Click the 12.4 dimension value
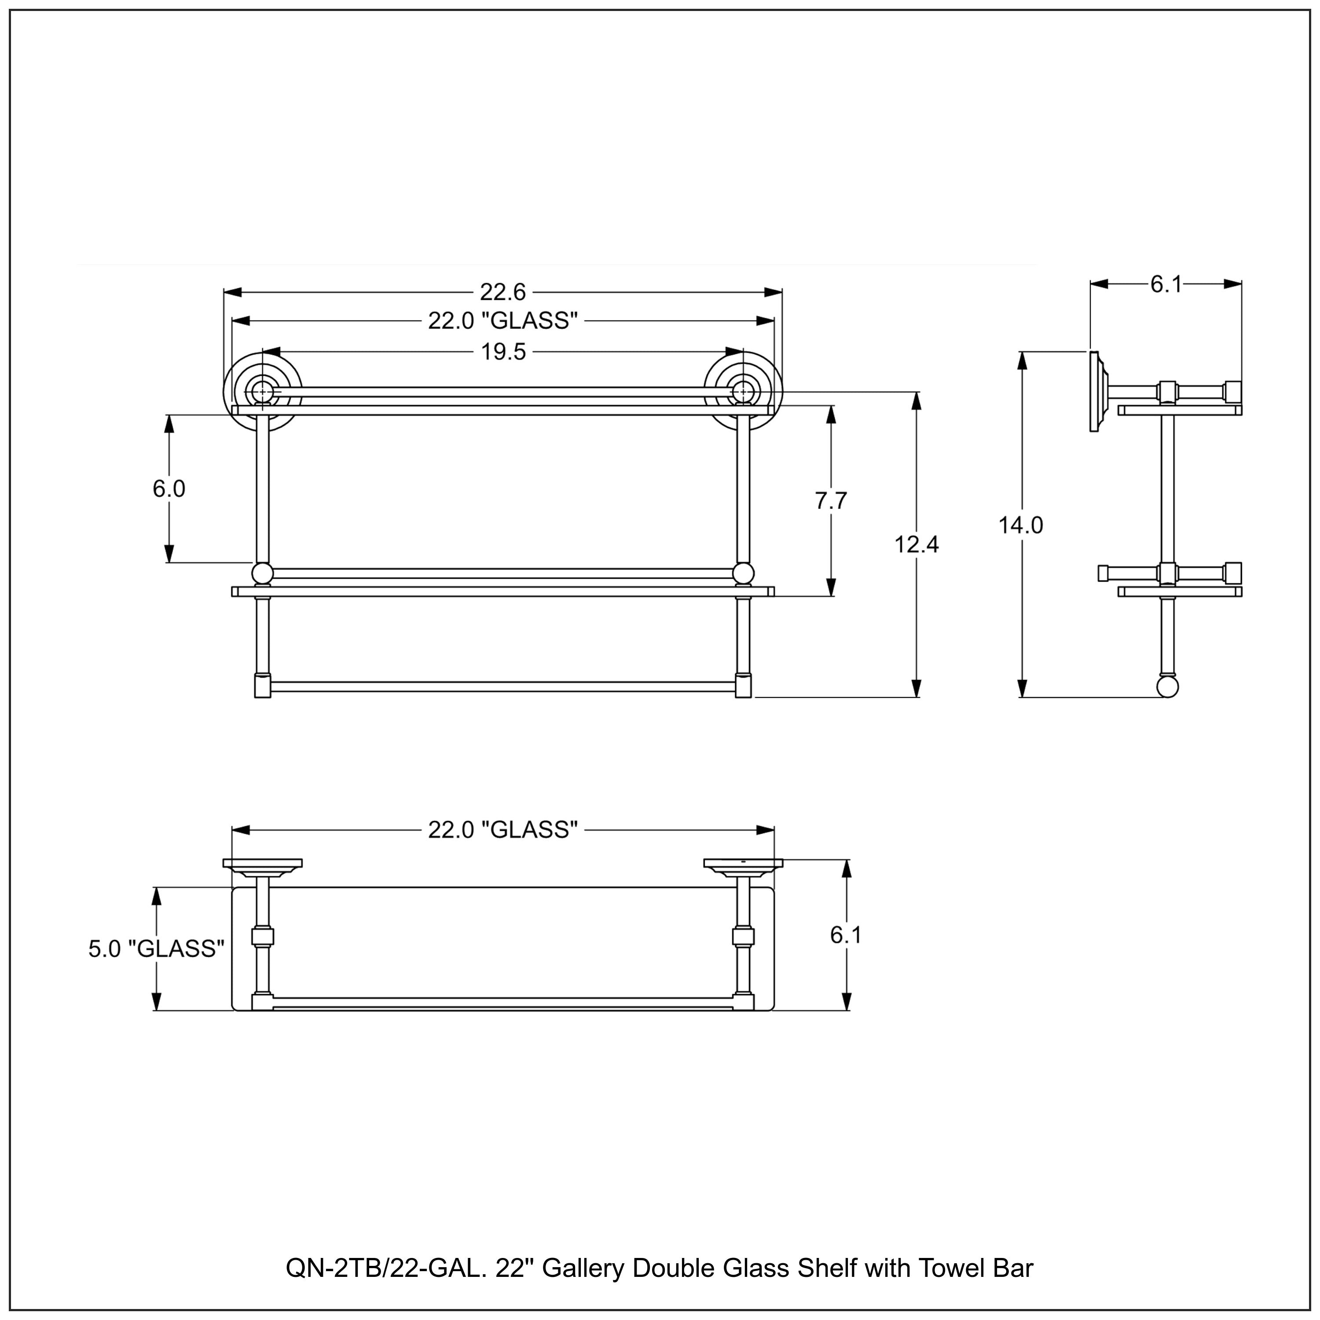pyautogui.click(x=916, y=545)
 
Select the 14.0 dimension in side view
pyautogui.click(x=1021, y=525)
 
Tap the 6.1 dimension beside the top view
pyautogui.click(x=846, y=935)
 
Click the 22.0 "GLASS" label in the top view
pyautogui.click(x=503, y=829)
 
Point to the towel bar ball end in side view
pyautogui.click(x=1168, y=687)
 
